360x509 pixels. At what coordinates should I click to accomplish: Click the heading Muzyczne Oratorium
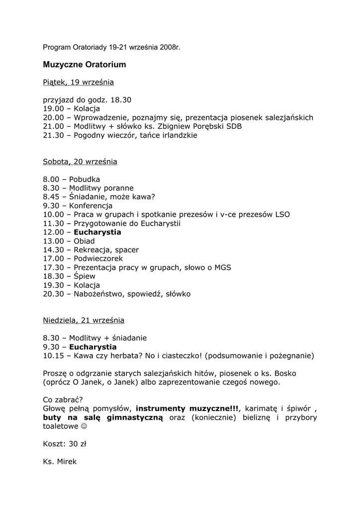coord(84,65)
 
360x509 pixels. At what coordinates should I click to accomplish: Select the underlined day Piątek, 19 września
coord(78,82)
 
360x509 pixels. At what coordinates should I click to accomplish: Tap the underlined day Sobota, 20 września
coord(80,162)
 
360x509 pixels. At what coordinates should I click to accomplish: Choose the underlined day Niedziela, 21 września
coord(84,320)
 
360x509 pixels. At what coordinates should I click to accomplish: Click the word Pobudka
coord(85,179)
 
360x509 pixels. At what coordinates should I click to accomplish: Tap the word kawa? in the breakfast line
coord(144,197)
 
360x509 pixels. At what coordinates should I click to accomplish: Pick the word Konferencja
coord(91,206)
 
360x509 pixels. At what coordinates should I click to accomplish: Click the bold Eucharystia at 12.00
coord(97,232)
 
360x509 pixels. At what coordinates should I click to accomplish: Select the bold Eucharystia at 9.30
coord(93,346)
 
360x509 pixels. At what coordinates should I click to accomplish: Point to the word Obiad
coord(84,241)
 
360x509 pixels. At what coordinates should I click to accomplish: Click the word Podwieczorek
coord(98,258)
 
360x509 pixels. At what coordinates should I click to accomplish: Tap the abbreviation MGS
coord(222,267)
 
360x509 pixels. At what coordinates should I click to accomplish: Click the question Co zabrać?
coord(63,400)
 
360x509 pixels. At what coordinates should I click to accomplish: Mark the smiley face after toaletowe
coord(83,426)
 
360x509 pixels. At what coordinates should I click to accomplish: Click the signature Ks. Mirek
coord(60,462)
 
